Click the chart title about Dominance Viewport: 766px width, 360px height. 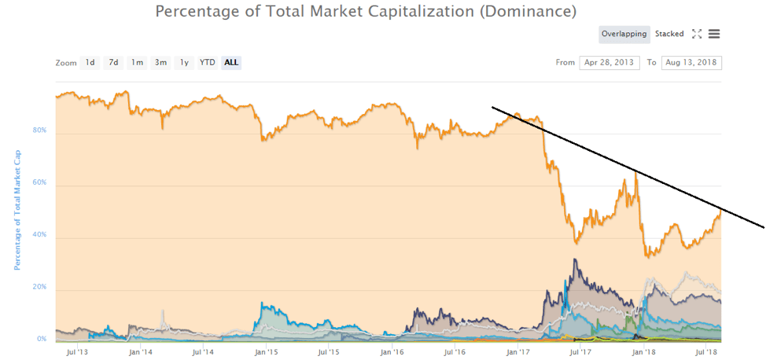tap(366, 12)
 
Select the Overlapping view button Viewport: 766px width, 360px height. tap(624, 34)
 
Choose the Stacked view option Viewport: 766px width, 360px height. tap(669, 34)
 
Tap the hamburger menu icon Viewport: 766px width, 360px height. tap(714, 34)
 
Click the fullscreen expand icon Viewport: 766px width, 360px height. tap(697, 34)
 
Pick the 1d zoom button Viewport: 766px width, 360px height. tap(90, 62)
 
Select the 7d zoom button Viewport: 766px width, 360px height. tap(113, 62)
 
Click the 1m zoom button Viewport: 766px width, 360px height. tap(137, 62)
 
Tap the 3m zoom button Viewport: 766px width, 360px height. tap(160, 62)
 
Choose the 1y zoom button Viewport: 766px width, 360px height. tap(184, 62)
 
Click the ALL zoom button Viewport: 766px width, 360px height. tap(231, 62)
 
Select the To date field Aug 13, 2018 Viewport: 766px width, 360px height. tap(691, 62)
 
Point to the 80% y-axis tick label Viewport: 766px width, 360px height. tap(39, 130)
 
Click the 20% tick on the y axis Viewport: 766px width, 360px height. tap(39, 288)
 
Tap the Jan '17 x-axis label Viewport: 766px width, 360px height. tap(517, 352)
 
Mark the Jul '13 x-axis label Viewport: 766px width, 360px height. tap(76, 352)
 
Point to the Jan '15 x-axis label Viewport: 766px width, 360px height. tap(266, 352)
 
